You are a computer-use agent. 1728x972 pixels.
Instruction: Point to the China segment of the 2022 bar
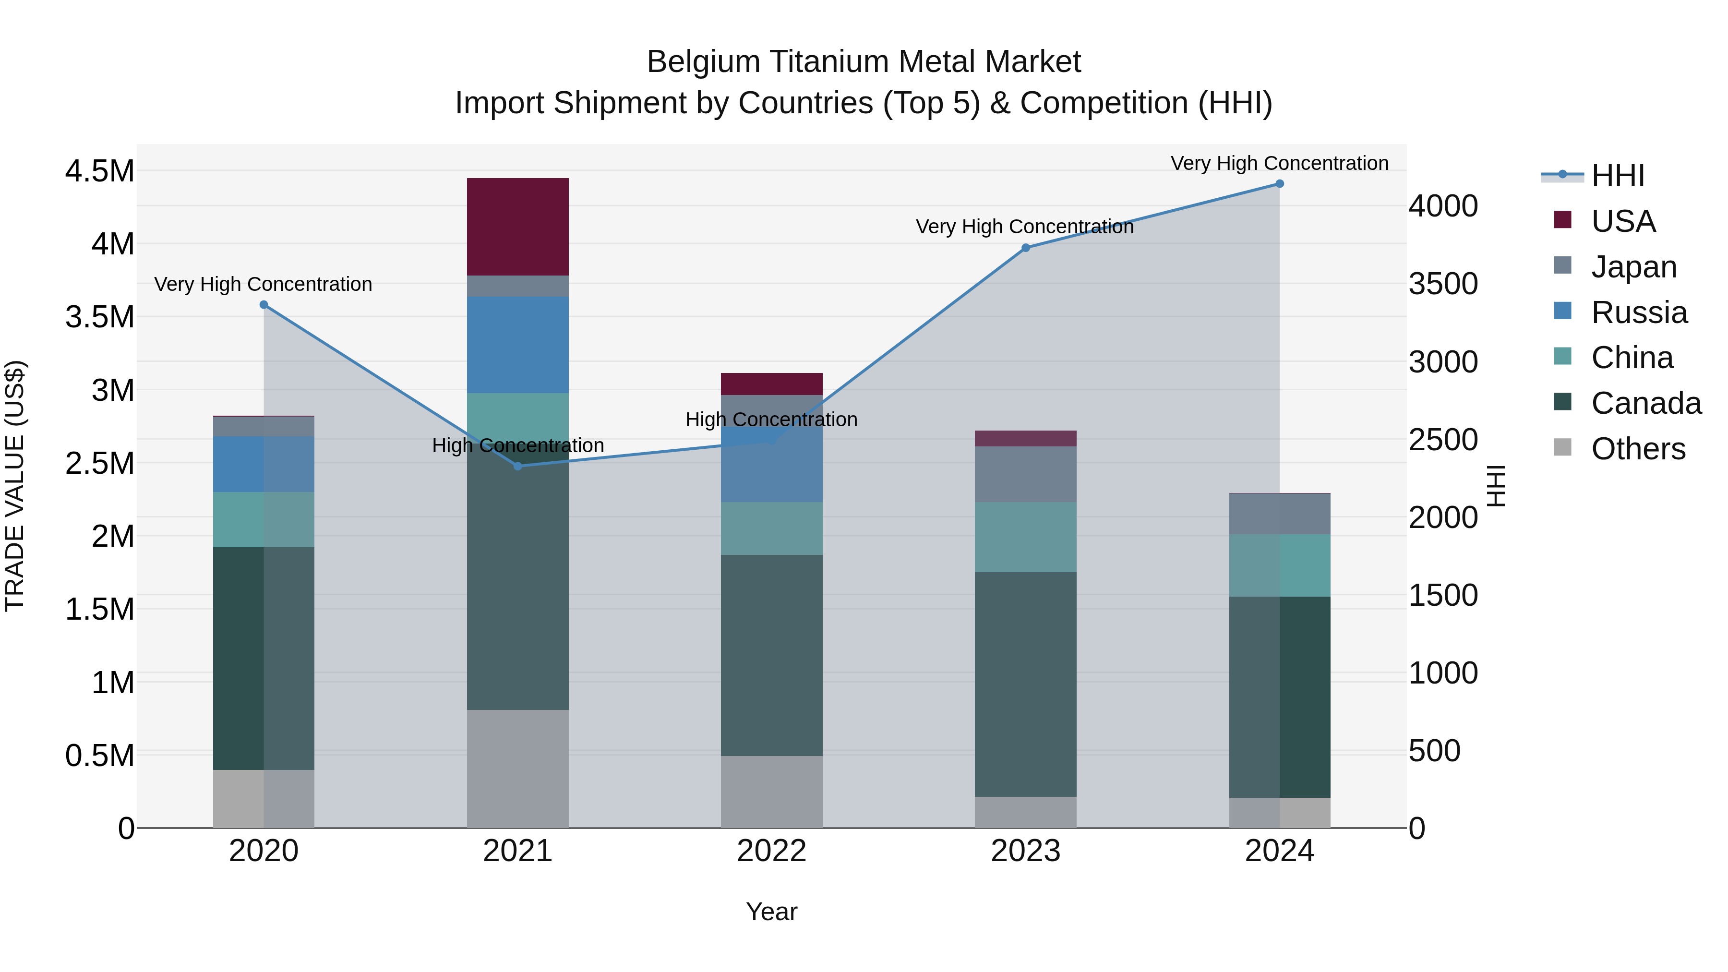771,528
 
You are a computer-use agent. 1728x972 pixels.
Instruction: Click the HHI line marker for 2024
1279,184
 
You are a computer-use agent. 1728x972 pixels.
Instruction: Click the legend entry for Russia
1639,312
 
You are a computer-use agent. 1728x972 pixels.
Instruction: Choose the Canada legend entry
1645,403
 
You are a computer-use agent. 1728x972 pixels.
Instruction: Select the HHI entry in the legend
1617,176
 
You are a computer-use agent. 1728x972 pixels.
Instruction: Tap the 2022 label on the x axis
771,851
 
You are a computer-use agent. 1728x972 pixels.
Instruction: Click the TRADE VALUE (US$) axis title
15,486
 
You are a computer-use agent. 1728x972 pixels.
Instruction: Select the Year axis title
771,912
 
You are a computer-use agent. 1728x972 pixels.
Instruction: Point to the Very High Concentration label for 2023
1024,227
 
